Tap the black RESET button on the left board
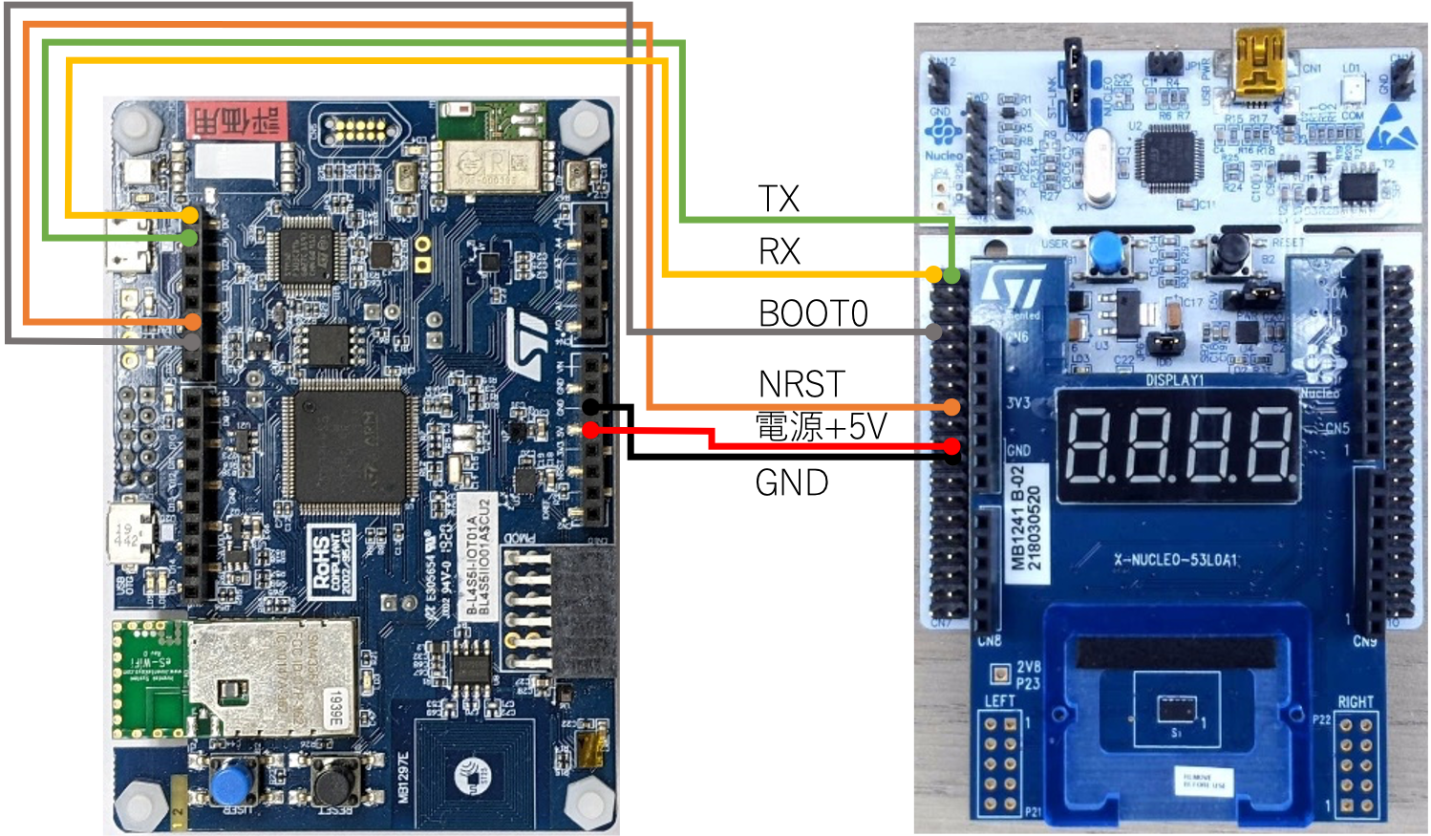[331, 782]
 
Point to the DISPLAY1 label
[1174, 380]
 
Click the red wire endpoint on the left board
[591, 431]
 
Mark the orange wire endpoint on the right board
[951, 408]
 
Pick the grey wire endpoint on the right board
[934, 332]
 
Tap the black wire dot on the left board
[591, 407]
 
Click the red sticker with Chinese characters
[236, 120]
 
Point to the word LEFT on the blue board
[999, 700]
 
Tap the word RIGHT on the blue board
[1355, 702]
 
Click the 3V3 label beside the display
[1017, 403]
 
